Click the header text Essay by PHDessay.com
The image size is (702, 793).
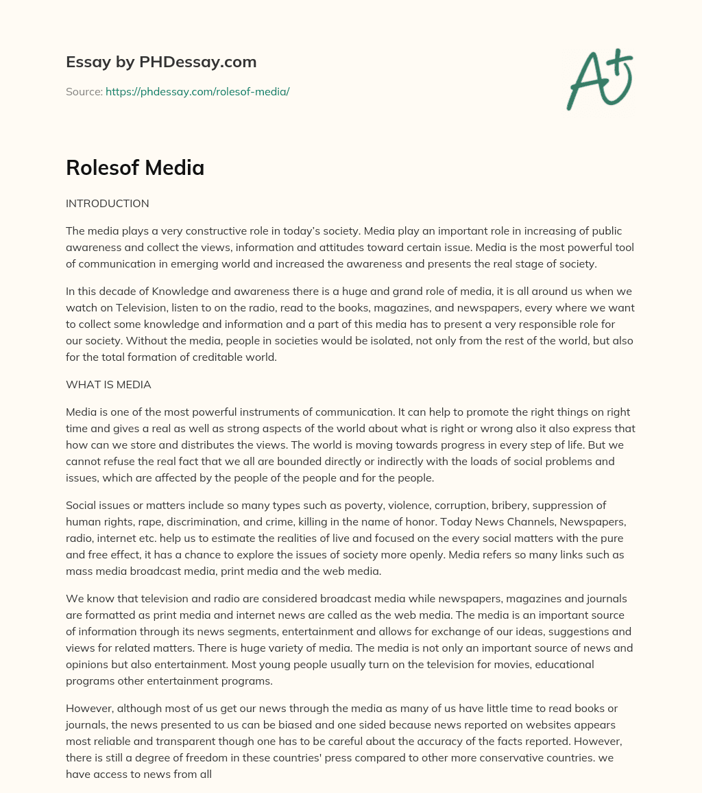tap(161, 62)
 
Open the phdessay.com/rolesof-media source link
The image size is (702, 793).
tap(197, 91)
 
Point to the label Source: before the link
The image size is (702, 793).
tap(84, 91)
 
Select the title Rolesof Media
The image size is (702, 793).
tap(135, 168)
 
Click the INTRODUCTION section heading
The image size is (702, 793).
tap(108, 204)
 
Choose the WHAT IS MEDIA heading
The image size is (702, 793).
tap(108, 385)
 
